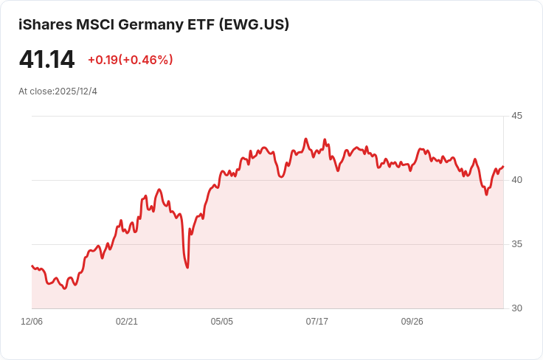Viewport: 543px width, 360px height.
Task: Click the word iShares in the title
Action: point(44,24)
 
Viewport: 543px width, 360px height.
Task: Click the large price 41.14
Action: point(46,60)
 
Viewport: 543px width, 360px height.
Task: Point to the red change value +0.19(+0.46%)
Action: point(130,60)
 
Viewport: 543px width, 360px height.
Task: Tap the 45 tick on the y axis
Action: point(516,116)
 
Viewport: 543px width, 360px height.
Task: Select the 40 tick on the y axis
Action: point(516,180)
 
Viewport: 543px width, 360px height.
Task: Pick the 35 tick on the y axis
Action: point(516,244)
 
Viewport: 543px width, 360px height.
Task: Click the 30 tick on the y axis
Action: point(516,308)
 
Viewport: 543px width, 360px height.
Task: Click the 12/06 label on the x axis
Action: point(32,322)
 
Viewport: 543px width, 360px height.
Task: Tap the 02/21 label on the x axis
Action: point(127,322)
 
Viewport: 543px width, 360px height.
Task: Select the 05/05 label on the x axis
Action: point(222,322)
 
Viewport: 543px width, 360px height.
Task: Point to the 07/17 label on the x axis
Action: point(317,322)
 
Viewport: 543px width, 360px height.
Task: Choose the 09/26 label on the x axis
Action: point(412,322)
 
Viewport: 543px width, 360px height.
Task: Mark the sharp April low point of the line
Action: point(187,267)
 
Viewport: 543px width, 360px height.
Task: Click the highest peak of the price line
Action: point(305,139)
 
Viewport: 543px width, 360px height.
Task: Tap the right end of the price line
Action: point(503,167)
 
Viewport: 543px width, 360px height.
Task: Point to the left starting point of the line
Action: point(32,266)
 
